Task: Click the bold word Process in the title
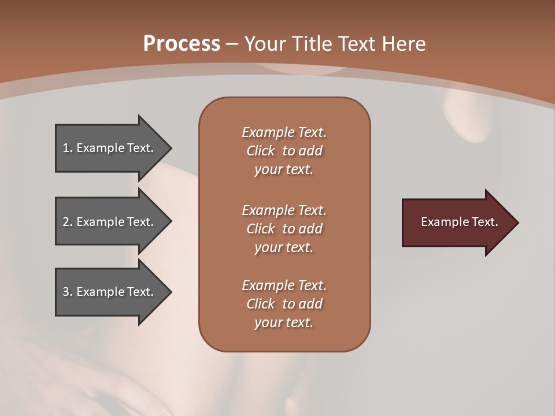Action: pos(182,44)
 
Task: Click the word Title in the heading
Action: pos(311,44)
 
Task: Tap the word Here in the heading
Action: pos(404,44)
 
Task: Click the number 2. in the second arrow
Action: pos(67,222)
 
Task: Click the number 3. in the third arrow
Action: pos(67,292)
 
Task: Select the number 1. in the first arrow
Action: pos(67,148)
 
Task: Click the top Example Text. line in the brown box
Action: pos(284,132)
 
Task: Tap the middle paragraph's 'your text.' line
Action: pos(284,247)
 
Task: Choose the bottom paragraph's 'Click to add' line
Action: pos(284,304)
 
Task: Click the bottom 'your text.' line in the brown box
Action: pos(284,322)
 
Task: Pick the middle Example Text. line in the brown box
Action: pos(284,210)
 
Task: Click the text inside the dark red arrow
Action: pos(459,222)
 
